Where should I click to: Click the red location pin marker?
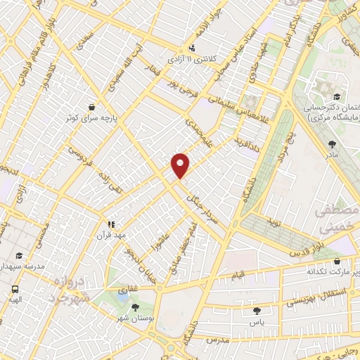[x=181, y=165]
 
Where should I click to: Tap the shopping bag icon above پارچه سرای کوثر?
[x=92, y=108]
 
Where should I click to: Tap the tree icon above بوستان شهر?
[x=135, y=307]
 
